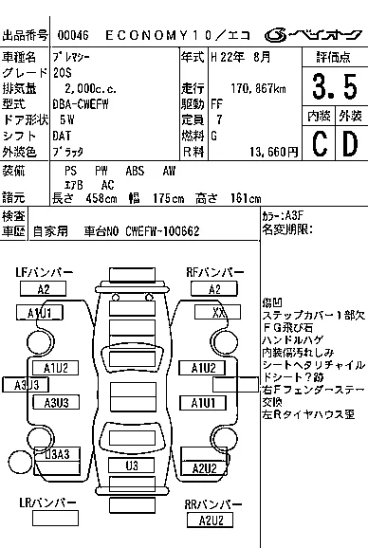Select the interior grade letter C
pos(318,143)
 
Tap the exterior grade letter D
pos(349,143)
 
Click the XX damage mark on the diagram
pos(219,312)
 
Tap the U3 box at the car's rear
pos(133,466)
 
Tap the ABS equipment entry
pos(136,171)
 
